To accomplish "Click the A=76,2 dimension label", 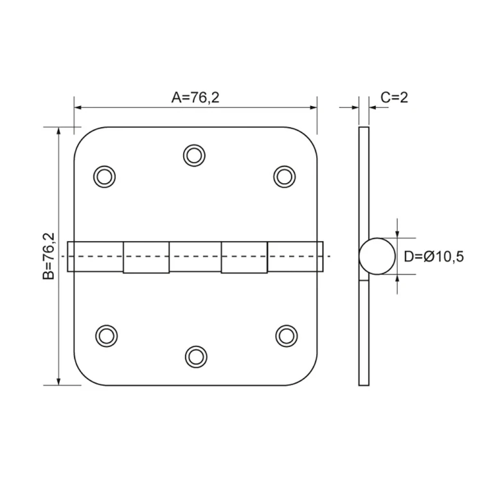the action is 195,98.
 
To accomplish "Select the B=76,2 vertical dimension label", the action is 49,256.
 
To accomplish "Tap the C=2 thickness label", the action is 394,98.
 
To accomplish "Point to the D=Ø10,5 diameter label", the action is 433,256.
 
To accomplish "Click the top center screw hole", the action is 194,156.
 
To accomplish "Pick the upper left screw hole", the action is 105,177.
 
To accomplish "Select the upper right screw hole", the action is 284,177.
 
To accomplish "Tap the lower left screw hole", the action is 106,335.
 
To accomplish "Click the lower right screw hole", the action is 286,335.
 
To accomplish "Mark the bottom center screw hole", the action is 196,357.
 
